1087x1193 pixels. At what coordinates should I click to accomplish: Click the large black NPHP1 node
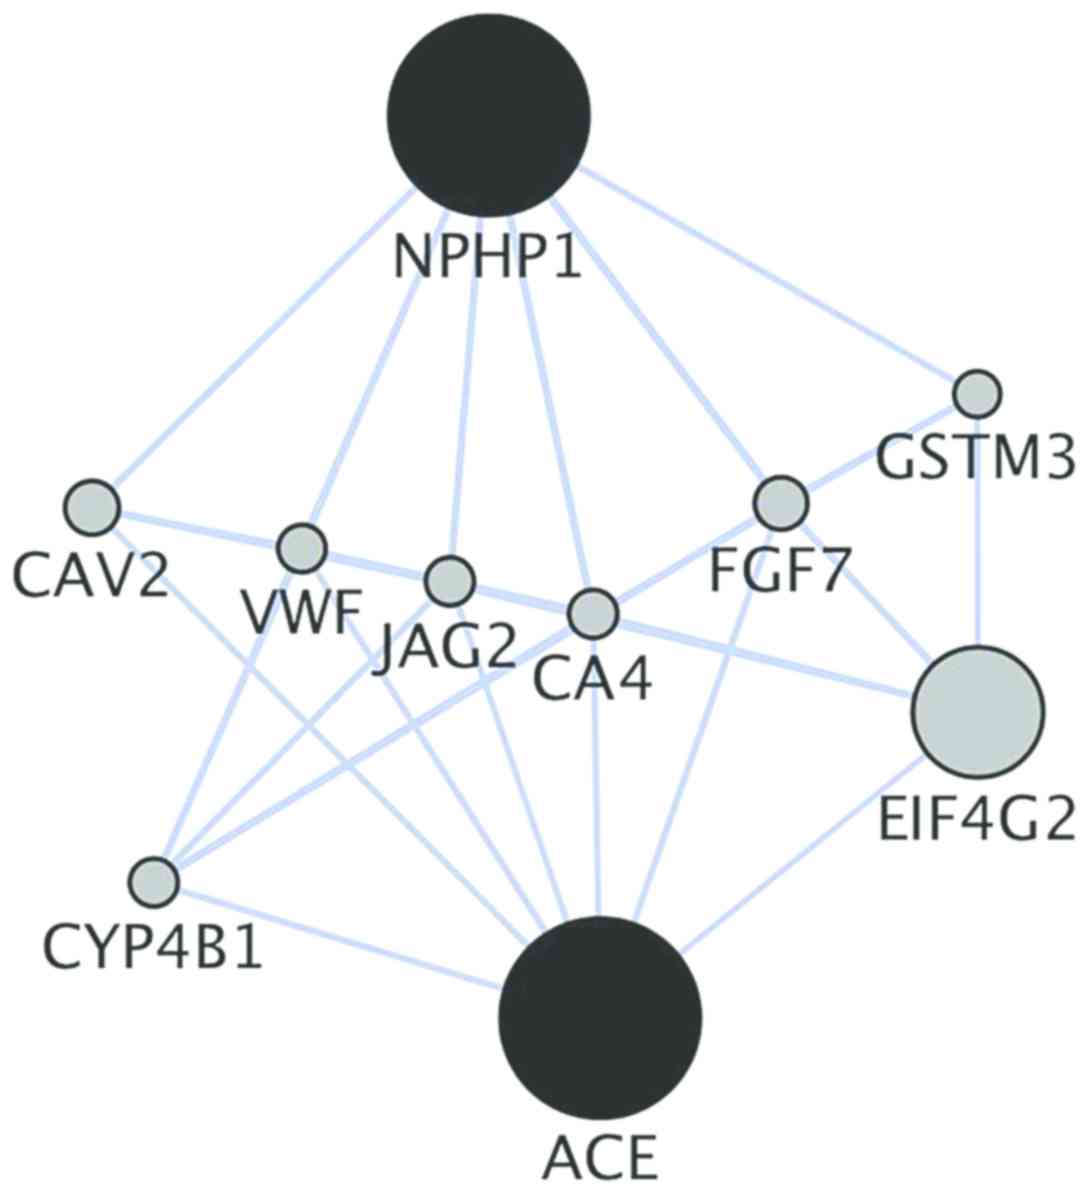pos(489,114)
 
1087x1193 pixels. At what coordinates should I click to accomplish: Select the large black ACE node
pos(599,1015)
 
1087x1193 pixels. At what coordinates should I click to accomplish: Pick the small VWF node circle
pos(301,547)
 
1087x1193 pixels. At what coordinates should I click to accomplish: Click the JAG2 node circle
pos(449,579)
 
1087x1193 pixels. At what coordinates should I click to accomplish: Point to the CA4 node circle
pos(593,611)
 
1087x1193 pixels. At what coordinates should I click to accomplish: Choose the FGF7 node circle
pos(780,503)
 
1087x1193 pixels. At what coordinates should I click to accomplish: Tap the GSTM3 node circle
pos(976,393)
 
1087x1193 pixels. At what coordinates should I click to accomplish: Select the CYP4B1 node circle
pos(154,882)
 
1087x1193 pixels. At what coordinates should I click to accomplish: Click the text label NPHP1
pos(487,256)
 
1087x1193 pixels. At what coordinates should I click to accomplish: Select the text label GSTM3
pos(976,460)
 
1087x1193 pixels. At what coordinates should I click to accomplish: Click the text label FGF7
pos(780,573)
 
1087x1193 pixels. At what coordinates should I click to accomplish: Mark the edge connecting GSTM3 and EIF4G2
pos(977,530)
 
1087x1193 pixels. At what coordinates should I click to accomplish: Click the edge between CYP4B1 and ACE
pos(340,936)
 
